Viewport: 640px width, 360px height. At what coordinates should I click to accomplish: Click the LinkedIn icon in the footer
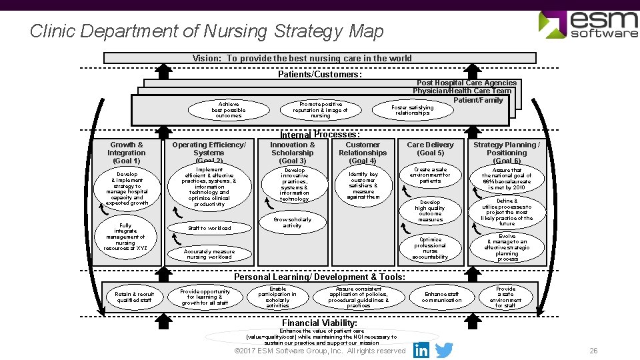pos(421,350)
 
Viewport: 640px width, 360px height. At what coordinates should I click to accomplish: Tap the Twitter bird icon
pos(443,350)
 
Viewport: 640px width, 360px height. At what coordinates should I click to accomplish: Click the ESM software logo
pos(588,25)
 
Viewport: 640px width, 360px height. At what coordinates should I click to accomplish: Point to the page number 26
pos(593,351)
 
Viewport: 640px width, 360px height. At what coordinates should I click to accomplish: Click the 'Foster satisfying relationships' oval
pos(412,110)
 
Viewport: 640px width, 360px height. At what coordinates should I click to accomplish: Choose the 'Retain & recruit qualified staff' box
pos(134,297)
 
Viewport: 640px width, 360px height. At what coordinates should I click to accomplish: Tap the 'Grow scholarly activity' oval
pos(292,222)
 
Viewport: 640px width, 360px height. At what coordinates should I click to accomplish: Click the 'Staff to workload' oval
pos(209,228)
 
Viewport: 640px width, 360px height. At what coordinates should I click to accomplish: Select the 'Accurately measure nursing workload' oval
pos(209,254)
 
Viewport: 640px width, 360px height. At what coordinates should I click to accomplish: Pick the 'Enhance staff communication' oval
pos(441,297)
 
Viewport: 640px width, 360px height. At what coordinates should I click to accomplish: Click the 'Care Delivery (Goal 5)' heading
pos(430,149)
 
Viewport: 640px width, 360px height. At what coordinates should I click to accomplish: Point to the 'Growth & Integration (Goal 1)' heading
pos(127,153)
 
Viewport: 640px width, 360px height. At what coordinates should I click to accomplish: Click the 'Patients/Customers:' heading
pos(319,75)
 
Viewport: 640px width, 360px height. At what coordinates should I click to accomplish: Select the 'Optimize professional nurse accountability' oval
pos(430,248)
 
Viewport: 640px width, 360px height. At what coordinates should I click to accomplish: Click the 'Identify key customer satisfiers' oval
pos(363,185)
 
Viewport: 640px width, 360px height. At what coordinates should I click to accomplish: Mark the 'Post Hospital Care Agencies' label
pos(467,83)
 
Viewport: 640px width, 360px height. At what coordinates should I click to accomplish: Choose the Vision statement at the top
pos(302,59)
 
